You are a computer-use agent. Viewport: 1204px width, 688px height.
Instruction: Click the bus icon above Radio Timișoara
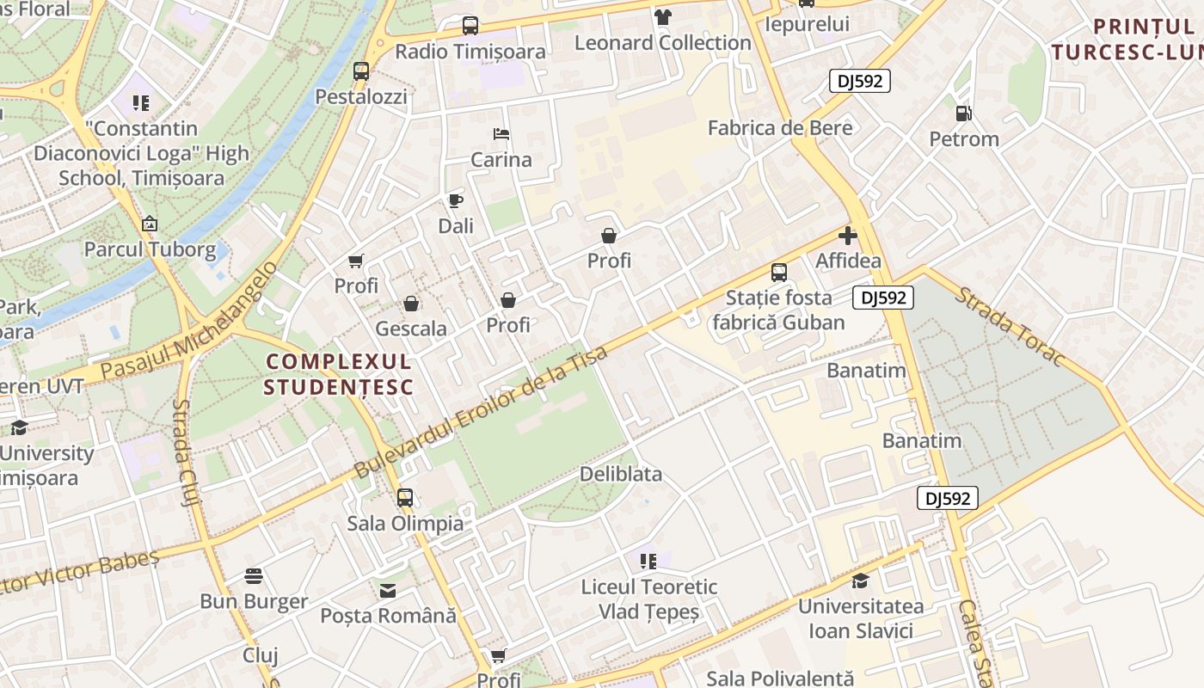(x=470, y=26)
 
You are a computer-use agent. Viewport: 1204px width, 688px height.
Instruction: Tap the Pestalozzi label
(x=361, y=96)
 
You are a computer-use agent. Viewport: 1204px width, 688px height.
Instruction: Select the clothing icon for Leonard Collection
(x=662, y=17)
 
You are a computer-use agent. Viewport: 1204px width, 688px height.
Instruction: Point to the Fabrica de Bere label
(x=780, y=128)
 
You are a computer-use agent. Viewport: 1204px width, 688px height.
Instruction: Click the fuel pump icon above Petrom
(x=963, y=114)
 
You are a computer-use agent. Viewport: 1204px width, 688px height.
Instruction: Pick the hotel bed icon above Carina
(x=501, y=134)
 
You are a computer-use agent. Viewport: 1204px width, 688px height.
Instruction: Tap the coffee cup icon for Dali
(x=455, y=201)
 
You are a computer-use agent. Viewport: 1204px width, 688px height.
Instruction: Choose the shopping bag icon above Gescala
(x=411, y=304)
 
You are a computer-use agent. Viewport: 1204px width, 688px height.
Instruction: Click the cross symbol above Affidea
(x=848, y=236)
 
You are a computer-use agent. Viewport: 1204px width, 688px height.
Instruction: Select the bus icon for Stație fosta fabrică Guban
(x=778, y=273)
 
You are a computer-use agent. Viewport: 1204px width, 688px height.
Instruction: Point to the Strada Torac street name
(x=1010, y=327)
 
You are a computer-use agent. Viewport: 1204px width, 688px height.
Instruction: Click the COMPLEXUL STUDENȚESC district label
(x=339, y=374)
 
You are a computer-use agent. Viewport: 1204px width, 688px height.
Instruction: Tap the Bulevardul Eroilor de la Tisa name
(x=481, y=412)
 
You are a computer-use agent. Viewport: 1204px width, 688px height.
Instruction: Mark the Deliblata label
(x=621, y=474)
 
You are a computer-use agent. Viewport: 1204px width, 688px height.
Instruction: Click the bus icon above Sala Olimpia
(x=404, y=497)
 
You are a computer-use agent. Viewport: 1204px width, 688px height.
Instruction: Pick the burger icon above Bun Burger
(x=254, y=575)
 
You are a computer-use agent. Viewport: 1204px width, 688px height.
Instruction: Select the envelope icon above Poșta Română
(x=388, y=591)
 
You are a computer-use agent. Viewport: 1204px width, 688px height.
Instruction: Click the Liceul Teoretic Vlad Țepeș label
(x=649, y=599)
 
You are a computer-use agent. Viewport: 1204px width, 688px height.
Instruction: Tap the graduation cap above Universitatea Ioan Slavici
(x=860, y=580)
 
